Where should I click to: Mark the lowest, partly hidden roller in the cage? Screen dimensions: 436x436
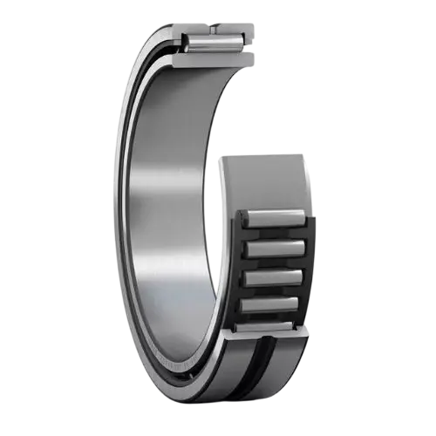266,326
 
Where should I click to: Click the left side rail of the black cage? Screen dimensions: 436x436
235,270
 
